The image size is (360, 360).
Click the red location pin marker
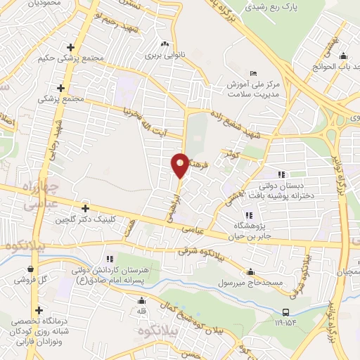coord(181,165)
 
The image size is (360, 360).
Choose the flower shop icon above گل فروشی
coord(30,269)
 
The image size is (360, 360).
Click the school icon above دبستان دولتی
coord(282,174)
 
